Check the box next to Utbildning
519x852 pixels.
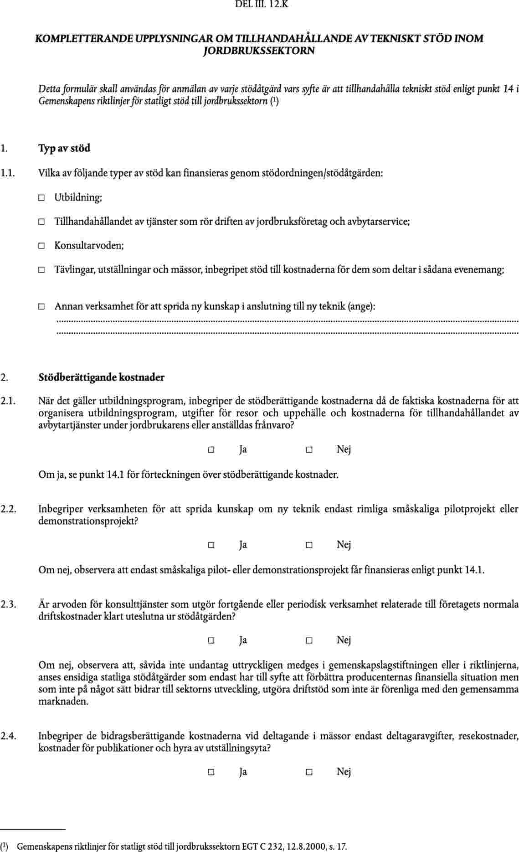(x=41, y=198)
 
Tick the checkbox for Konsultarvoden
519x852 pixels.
(x=41, y=246)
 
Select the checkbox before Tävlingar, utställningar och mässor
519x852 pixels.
(x=41, y=270)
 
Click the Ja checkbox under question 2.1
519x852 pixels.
(x=211, y=450)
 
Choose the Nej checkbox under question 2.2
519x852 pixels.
(x=309, y=545)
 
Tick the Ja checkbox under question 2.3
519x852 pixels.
(x=211, y=640)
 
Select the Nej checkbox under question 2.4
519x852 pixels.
(x=309, y=772)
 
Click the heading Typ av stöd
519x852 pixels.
(x=64, y=148)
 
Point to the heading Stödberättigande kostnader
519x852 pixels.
(x=101, y=377)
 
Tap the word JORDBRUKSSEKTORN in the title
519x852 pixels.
(x=259, y=51)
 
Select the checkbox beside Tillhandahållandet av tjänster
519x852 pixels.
(x=41, y=222)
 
